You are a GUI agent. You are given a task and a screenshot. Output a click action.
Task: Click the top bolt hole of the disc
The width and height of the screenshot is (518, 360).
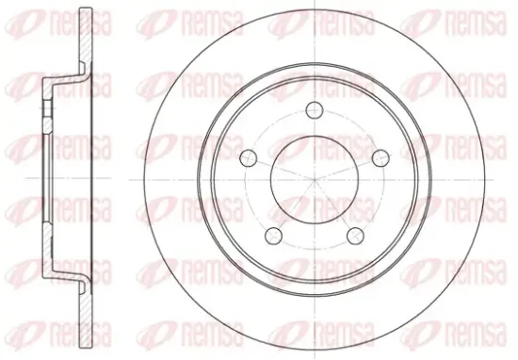(314, 109)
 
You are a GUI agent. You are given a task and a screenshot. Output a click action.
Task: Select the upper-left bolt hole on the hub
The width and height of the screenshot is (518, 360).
(249, 157)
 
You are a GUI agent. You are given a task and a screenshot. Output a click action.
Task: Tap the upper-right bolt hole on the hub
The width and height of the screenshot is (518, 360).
(380, 157)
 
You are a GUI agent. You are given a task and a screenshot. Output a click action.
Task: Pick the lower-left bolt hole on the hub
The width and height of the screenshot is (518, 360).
(273, 235)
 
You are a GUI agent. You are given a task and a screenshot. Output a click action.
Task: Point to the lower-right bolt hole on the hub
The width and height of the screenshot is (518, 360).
(355, 235)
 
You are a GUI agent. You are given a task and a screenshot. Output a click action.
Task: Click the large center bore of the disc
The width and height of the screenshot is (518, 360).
(315, 180)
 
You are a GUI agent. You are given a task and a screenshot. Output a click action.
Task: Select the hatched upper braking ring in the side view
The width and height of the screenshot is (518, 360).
(86, 37)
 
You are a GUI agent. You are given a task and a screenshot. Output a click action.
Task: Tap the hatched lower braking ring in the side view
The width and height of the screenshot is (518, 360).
(86, 319)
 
